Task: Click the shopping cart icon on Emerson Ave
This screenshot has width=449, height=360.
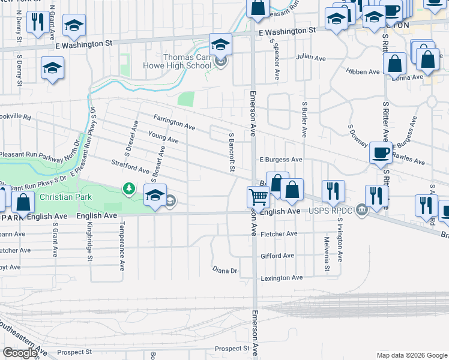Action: (258, 196)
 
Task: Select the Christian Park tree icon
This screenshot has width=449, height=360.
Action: (128, 190)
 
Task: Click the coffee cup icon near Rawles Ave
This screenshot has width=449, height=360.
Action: (380, 152)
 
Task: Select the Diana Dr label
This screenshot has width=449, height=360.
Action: (225, 271)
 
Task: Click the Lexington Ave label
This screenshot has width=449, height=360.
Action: (281, 278)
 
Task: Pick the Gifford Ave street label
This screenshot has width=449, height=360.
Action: (277, 256)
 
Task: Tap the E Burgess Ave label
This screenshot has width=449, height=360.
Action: (280, 160)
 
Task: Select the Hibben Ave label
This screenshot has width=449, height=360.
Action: (362, 71)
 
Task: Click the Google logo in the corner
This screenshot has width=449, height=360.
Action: (20, 353)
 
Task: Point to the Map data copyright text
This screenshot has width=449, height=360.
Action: (412, 355)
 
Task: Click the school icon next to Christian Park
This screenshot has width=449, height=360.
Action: (155, 194)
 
